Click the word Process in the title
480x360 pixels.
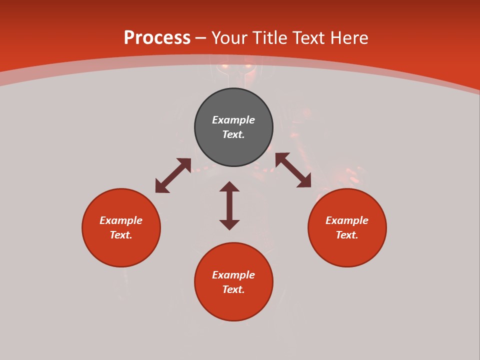pos(157,38)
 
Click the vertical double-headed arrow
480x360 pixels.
pos(229,205)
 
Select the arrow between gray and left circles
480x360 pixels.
pos(173,175)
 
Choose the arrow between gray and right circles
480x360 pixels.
pos(293,170)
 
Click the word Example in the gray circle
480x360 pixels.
pos(233,120)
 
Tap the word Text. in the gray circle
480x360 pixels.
pos(233,134)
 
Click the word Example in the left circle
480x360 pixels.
pos(121,220)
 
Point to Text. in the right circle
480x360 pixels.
pos(347,235)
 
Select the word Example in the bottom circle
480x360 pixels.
pos(233,275)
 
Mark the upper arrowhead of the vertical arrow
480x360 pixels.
pos(229,186)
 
